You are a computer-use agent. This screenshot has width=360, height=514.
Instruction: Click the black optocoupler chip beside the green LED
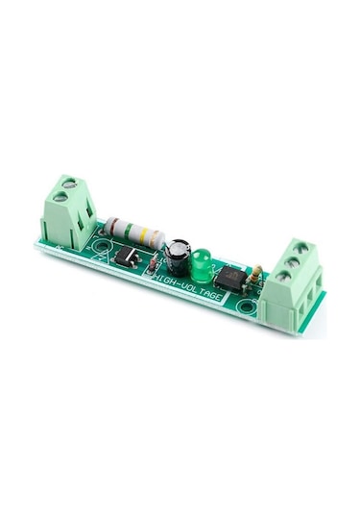[x=230, y=279]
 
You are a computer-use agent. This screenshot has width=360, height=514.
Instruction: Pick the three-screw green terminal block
[x=294, y=279]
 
